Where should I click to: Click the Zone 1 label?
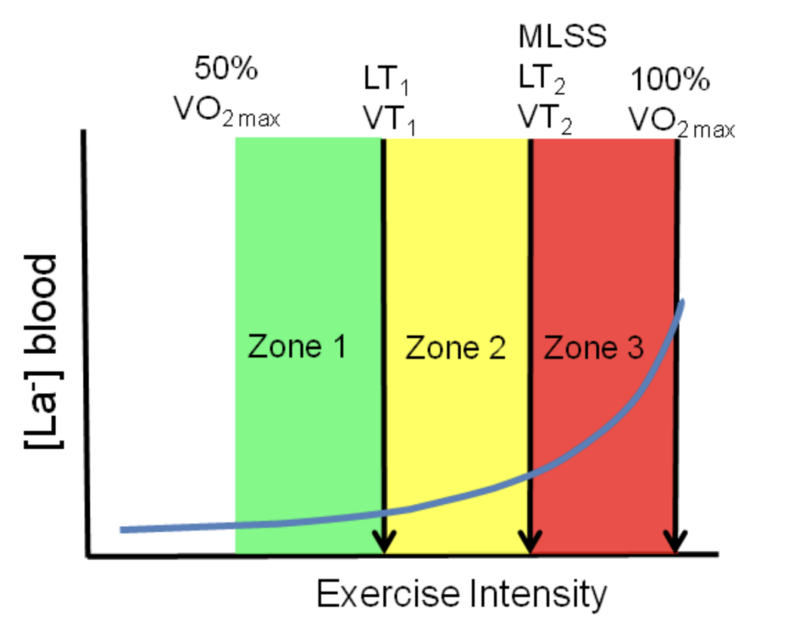(x=297, y=348)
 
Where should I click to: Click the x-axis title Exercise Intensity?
(x=461, y=594)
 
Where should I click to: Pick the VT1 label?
(x=389, y=118)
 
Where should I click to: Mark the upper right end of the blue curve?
(x=681, y=302)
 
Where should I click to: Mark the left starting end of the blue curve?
(x=123, y=529)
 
